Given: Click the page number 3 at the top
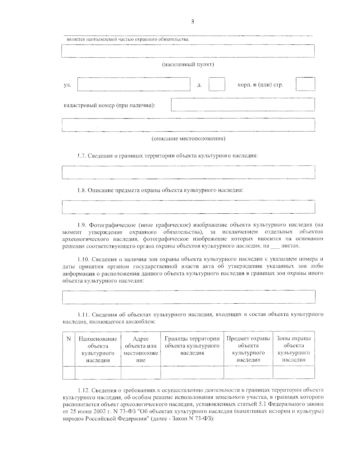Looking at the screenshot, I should (x=192, y=21).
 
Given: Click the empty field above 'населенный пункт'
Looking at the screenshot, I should (x=188, y=51).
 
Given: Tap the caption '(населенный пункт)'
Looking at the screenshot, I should (x=188, y=65).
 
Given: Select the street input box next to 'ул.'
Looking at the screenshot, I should (x=134, y=84).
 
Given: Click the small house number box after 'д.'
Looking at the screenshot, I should (x=217, y=84).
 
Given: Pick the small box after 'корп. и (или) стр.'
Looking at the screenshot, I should (x=305, y=84).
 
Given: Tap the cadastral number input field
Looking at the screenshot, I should (x=243, y=104).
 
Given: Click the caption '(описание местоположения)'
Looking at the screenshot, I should (x=188, y=139).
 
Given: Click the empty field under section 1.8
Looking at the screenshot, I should (x=188, y=207).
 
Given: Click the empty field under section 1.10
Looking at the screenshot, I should (x=188, y=297).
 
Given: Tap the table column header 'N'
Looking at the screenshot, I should (x=68, y=339).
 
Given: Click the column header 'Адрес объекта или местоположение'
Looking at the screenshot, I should (x=140, y=349).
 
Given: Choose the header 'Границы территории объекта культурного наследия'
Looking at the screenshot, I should (x=192, y=346).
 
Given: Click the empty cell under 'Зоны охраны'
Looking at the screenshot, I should (x=294, y=372).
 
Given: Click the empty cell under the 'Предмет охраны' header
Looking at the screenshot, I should (x=248, y=372).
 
